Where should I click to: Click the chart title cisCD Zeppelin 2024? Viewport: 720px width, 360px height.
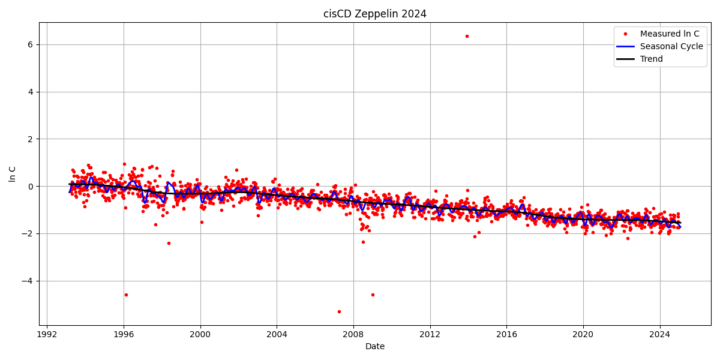375,14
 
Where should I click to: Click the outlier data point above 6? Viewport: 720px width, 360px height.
467,36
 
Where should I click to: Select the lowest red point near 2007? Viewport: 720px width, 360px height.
339,311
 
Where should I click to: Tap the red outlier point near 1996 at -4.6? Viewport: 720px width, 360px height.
126,295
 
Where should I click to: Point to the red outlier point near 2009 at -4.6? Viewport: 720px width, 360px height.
373,295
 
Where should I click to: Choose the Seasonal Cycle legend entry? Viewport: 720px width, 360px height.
671,46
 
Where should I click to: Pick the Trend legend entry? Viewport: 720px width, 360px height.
652,59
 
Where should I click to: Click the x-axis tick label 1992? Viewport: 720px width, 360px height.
47,334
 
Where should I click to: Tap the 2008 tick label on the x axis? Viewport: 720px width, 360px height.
353,334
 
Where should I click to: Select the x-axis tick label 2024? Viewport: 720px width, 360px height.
660,334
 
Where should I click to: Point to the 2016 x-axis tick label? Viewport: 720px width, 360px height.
506,334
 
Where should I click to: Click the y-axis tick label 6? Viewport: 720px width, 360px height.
30,44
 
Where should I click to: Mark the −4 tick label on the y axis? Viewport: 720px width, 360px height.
28,281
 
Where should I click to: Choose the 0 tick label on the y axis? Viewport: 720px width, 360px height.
30,186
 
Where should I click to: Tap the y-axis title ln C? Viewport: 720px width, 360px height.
13,174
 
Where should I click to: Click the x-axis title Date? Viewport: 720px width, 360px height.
375,346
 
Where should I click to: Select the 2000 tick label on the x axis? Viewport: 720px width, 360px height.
200,334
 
